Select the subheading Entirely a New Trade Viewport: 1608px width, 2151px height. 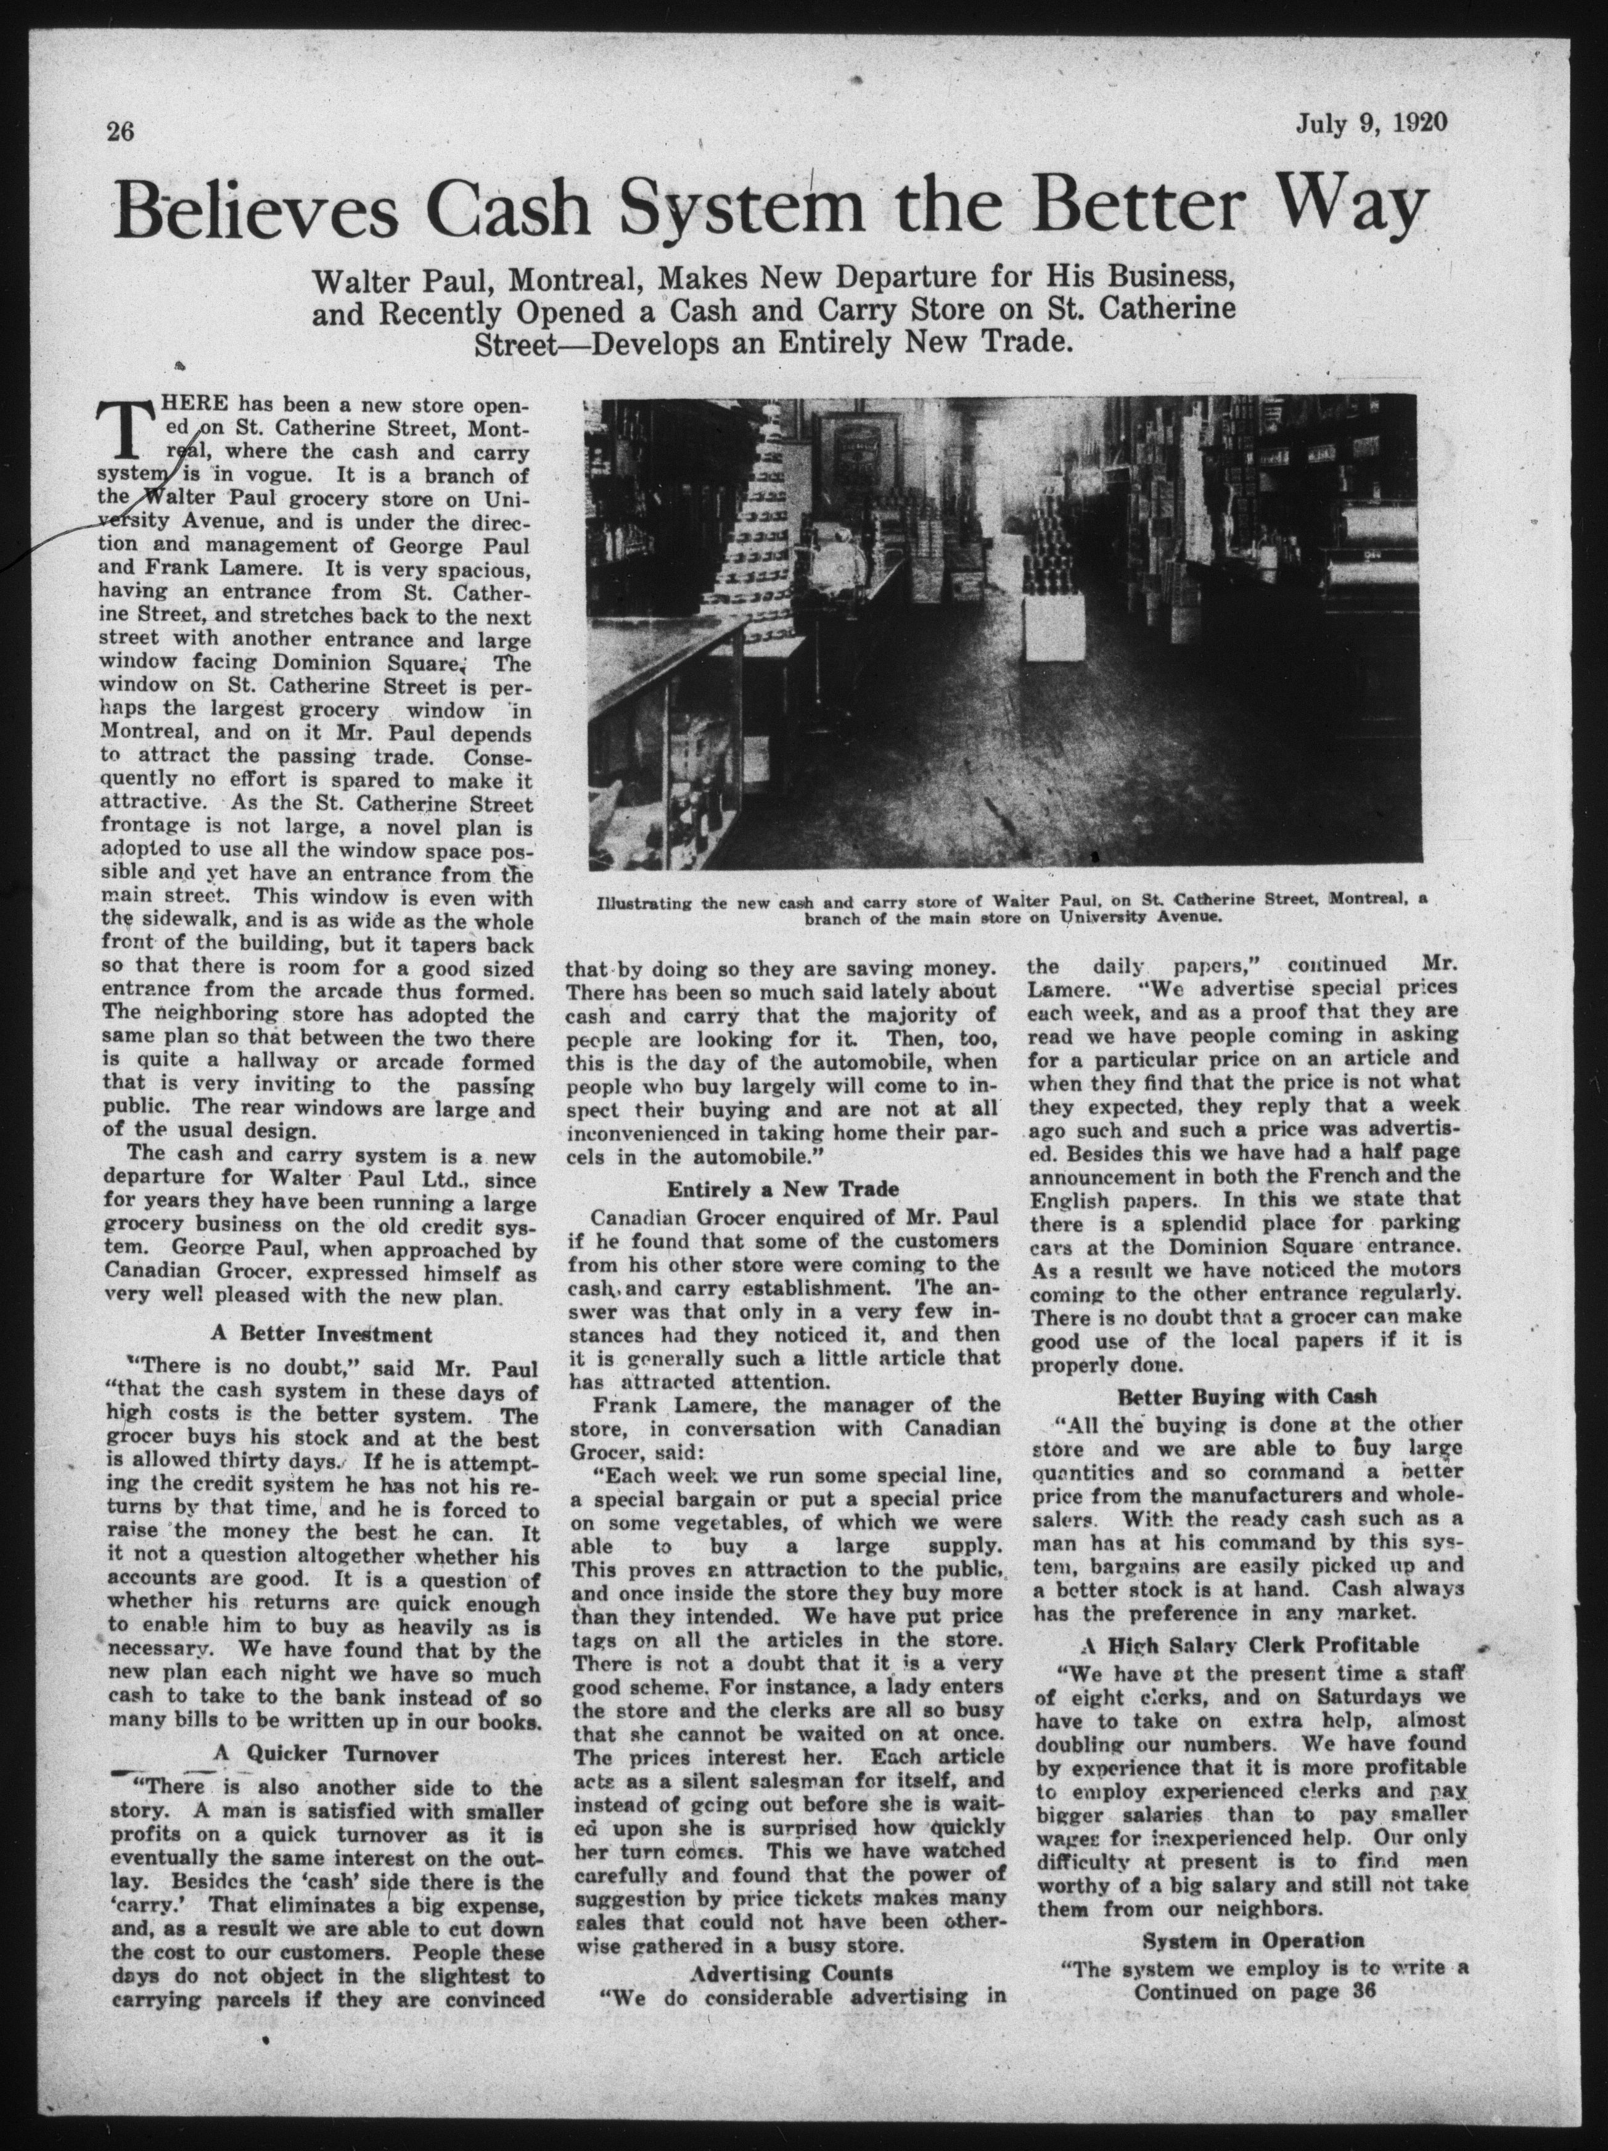782,1188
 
